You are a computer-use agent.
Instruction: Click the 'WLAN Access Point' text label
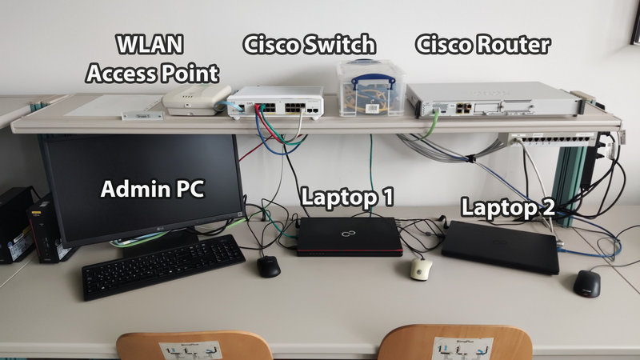click(152, 58)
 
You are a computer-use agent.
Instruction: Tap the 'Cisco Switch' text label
click(309, 44)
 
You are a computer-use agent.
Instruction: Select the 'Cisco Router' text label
click(482, 44)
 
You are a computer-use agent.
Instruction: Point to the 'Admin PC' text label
click(152, 190)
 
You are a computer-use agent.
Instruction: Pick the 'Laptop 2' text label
click(508, 208)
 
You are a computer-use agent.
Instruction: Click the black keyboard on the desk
click(164, 266)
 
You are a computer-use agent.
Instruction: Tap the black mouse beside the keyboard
click(268, 266)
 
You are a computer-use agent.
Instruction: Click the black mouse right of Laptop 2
click(586, 282)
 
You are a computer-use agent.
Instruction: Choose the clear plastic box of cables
click(369, 90)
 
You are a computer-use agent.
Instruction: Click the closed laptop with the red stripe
click(349, 237)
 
